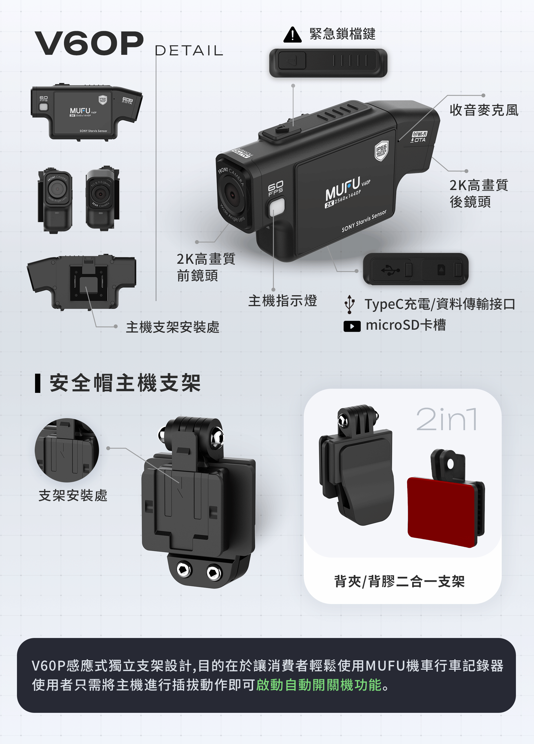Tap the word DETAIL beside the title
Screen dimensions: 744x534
point(189,51)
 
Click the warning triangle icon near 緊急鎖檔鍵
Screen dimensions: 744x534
point(292,35)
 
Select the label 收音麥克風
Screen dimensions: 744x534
point(484,110)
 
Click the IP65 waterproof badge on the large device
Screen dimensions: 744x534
point(382,151)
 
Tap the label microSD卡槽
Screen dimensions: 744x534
point(406,325)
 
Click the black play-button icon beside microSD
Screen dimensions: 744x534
point(352,326)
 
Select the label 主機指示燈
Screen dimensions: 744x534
point(282,300)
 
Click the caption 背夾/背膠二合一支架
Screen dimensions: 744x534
point(399,581)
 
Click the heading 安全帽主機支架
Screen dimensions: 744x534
point(125,383)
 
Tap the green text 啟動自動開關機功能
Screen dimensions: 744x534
point(318,685)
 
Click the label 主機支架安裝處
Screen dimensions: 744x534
point(172,327)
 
